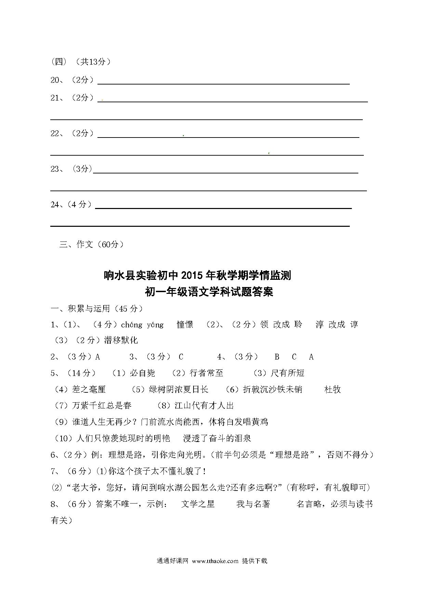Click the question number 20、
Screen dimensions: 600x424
tap(57, 80)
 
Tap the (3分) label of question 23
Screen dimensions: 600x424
tap(82, 169)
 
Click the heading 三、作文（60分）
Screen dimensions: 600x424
tap(91, 244)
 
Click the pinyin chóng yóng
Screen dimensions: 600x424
tap(142, 325)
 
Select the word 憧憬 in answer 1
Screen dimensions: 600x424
tap(185, 325)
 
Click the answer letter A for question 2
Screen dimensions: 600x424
tap(97, 357)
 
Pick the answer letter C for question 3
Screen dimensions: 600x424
tap(181, 357)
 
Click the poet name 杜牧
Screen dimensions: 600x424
tap(332, 389)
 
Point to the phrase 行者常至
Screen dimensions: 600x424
tap(206, 373)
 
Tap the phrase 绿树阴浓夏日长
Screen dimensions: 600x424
tap(178, 389)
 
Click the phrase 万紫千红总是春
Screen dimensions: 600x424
tap(102, 406)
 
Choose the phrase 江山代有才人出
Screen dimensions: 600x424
tap(204, 406)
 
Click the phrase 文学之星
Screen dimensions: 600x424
tap(198, 504)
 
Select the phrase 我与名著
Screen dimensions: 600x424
tap(253, 504)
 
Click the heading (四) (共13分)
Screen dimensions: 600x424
tap(81, 62)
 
